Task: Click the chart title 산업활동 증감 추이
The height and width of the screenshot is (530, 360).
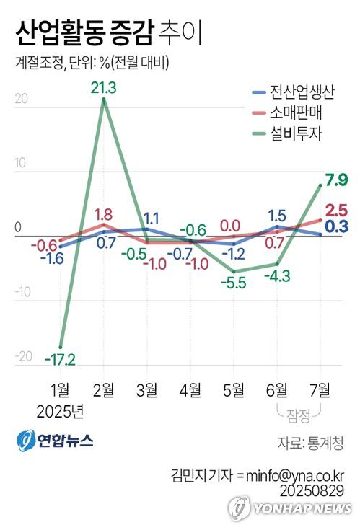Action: [x=107, y=32]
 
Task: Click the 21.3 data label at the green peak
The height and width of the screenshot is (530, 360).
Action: [x=105, y=88]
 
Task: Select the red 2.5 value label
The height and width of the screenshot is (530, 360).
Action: [x=336, y=211]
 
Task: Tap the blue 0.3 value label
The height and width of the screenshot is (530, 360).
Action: [x=336, y=226]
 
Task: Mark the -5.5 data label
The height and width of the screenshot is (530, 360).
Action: [x=234, y=283]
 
